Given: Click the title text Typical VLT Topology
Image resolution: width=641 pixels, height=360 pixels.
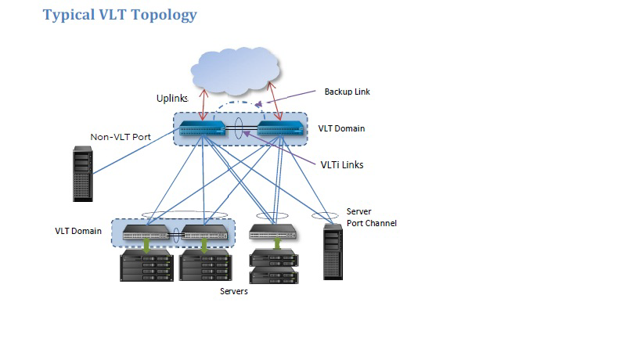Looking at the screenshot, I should [120, 14].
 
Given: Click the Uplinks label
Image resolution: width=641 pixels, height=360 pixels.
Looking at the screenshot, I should [172, 99].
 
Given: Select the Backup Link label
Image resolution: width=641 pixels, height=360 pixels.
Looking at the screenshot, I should [347, 92].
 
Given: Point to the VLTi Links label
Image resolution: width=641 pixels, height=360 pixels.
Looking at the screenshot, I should [342, 164].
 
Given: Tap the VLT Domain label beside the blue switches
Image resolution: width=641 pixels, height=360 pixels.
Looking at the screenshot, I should [341, 128].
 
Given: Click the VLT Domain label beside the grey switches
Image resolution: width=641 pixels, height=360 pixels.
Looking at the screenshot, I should [78, 231].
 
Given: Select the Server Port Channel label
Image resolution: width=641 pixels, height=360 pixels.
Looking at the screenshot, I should [371, 218].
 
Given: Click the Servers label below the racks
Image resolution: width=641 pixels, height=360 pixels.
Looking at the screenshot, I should [233, 291].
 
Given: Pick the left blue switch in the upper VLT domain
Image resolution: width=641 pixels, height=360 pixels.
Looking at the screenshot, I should [201, 129].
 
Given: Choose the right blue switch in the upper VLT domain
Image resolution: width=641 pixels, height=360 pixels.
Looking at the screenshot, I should [279, 129].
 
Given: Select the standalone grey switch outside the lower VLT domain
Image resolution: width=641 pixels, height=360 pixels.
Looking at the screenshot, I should [272, 232].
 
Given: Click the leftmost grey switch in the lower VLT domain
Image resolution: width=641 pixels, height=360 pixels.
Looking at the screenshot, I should [145, 232].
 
